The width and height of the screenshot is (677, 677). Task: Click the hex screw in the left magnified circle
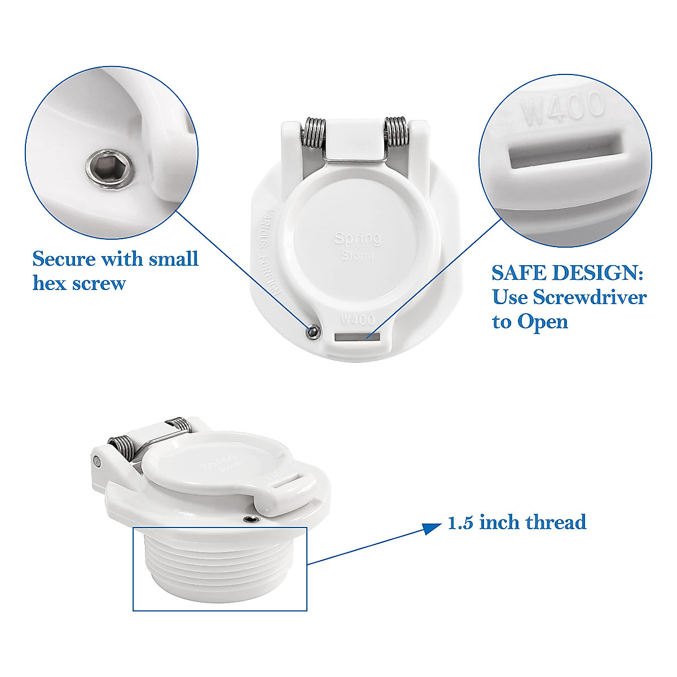pos(111,168)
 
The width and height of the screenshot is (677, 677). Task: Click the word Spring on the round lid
pos(357,238)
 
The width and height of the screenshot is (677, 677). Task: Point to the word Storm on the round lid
pos(357,256)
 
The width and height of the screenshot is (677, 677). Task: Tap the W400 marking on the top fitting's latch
pos(358,319)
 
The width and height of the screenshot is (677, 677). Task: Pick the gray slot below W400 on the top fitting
pos(357,337)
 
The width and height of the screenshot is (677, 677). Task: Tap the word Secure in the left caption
pos(63,259)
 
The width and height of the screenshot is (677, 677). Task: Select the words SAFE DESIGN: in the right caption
pos(567,273)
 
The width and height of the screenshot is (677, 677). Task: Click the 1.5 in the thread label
pos(460,522)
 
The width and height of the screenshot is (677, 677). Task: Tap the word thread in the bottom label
pos(556,522)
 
